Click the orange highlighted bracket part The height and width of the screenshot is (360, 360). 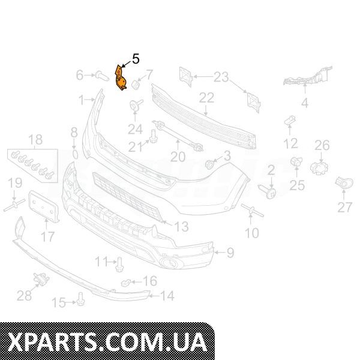(x=120, y=78)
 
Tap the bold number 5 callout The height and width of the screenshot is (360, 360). (x=136, y=59)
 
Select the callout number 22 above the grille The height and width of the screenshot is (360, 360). (x=206, y=98)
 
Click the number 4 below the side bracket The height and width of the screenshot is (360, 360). (x=305, y=103)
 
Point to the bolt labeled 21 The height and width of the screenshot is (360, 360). (x=152, y=136)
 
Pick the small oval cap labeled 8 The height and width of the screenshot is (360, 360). (x=74, y=154)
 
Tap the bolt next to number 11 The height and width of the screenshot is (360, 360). (x=119, y=265)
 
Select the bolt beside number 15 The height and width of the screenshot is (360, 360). (x=81, y=299)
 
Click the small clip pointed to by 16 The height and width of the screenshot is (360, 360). (x=125, y=283)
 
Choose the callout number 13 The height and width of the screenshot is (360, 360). (x=181, y=226)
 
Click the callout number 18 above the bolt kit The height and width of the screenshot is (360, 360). (x=36, y=139)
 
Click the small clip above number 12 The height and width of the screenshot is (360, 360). (x=290, y=121)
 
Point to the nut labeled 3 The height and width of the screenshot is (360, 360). (x=210, y=164)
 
